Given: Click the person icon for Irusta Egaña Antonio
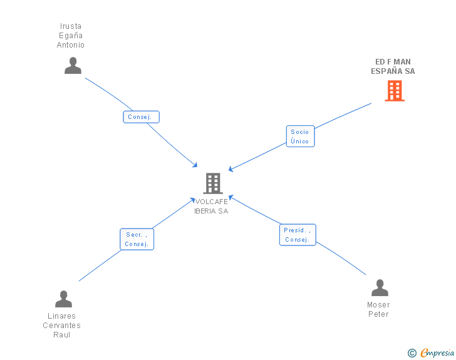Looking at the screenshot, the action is tap(73, 66).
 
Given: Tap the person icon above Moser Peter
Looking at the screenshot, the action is tap(380, 287).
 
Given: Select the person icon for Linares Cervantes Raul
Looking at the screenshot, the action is tap(63, 299).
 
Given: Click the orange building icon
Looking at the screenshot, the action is tap(395, 91).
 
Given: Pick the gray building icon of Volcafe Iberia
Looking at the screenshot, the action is tap(213, 183).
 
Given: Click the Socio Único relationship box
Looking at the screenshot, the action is tap(301, 136).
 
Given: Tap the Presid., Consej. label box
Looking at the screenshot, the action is tap(298, 235).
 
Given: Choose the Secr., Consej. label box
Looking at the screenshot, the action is tap(137, 239).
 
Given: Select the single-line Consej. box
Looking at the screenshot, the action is tap(142, 117).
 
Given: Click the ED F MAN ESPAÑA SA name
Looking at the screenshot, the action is tap(393, 66).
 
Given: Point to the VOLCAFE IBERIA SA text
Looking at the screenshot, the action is tap(212, 206).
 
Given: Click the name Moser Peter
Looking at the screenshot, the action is tap(378, 309).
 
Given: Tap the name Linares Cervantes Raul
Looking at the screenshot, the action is tap(61, 325).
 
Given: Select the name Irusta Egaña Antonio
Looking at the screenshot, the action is tap(70, 36).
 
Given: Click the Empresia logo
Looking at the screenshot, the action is tap(437, 352).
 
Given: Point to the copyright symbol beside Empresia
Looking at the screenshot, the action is tap(412, 353).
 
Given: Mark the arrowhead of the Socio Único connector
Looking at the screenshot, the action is tap(231, 169).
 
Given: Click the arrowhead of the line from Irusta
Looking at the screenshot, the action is tap(195, 165).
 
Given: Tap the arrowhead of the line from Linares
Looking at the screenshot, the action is tap(192, 200).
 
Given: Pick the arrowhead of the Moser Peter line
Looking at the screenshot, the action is tap(231, 197).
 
